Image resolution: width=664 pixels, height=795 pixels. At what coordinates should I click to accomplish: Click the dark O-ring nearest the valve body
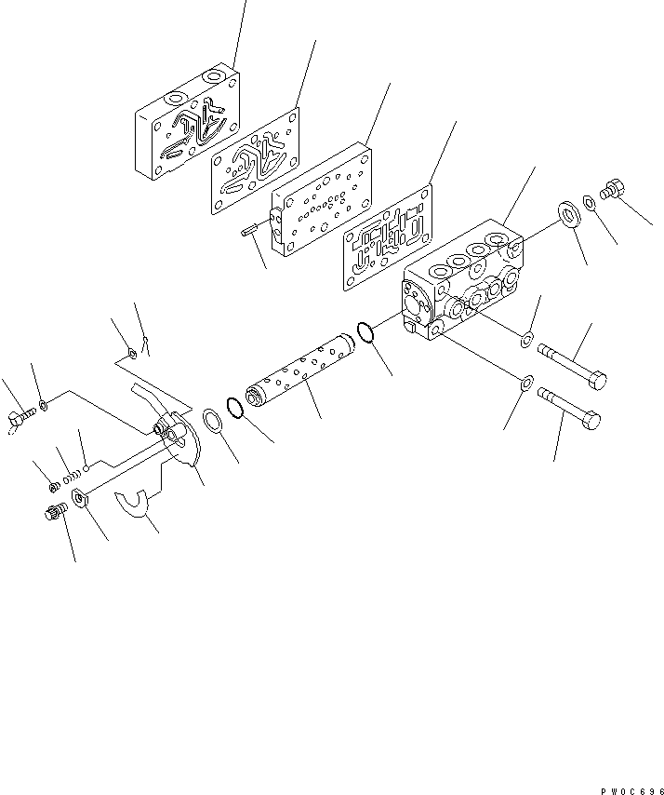365,332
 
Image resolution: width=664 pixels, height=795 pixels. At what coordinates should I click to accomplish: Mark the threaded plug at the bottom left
55,512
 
